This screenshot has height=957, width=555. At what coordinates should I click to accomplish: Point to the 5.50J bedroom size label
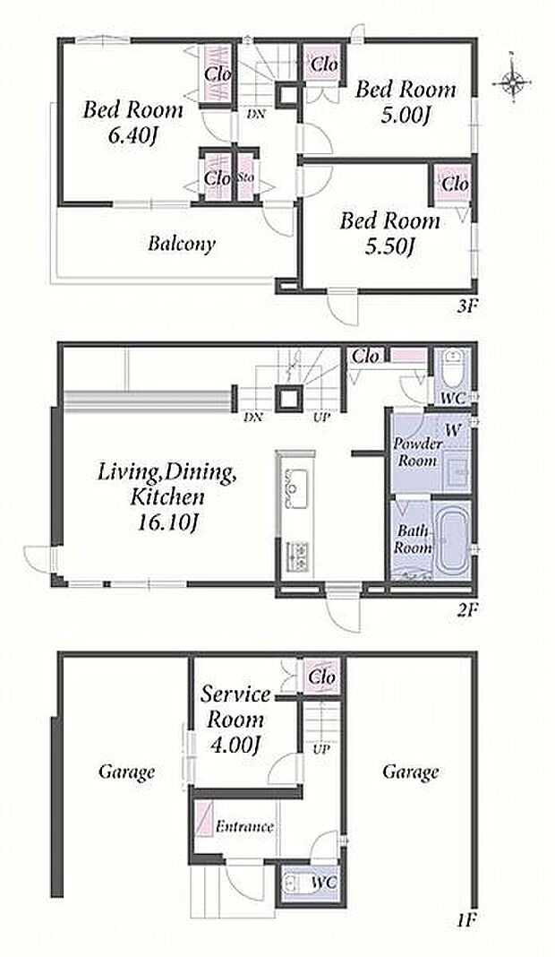(x=389, y=247)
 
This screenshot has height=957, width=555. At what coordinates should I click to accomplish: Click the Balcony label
(x=181, y=244)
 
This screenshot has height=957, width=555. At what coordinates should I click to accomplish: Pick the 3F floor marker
(x=465, y=306)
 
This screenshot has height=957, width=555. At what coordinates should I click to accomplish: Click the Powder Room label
(x=415, y=452)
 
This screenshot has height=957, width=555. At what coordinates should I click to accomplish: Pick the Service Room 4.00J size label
(x=235, y=745)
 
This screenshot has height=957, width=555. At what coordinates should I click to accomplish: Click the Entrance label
(x=244, y=827)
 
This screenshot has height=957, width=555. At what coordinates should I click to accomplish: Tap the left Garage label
(x=126, y=772)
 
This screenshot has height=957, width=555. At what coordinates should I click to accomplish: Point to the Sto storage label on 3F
(x=245, y=178)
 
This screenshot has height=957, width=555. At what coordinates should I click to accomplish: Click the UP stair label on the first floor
(x=320, y=748)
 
